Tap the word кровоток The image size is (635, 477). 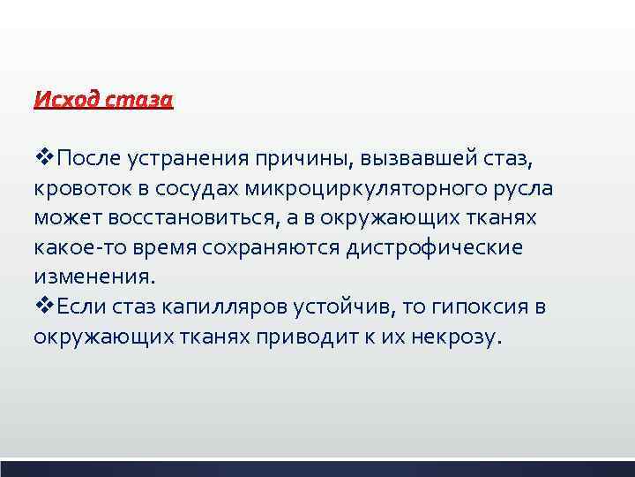pyautogui.click(x=82, y=190)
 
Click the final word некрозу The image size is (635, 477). pyautogui.click(x=451, y=337)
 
